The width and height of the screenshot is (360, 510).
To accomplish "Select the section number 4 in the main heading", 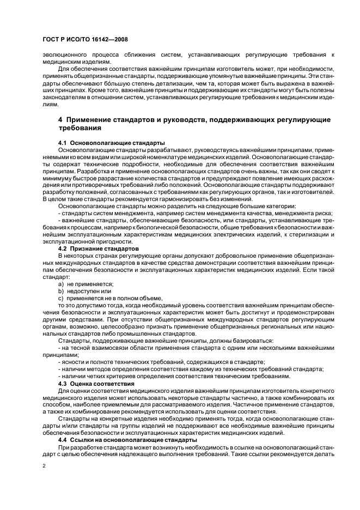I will click(x=60, y=119).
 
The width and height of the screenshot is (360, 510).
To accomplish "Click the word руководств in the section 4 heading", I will click(x=199, y=119).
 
